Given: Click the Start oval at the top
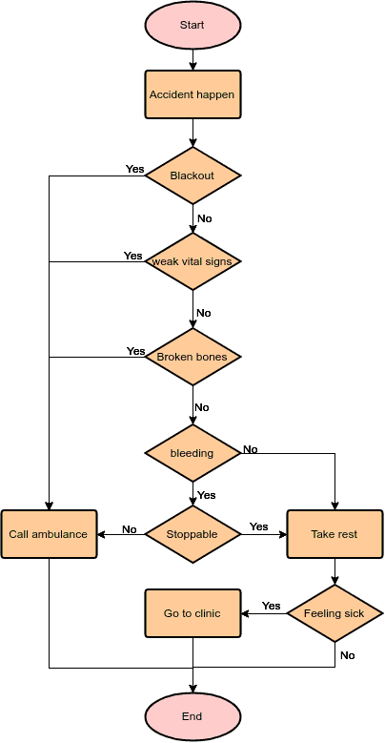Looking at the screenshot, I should click(192, 25).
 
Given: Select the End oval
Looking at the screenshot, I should click(192, 715).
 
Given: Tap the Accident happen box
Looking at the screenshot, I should click(192, 94).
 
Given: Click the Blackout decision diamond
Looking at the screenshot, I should click(192, 175).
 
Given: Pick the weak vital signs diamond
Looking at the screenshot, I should click(192, 261).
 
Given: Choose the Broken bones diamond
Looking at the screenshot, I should click(192, 357).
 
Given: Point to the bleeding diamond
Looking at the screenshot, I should click(192, 452).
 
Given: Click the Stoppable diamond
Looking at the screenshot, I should click(192, 534).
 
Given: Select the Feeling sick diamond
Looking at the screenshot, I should click(334, 613).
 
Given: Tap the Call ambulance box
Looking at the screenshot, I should click(49, 534).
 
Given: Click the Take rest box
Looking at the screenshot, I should click(334, 534).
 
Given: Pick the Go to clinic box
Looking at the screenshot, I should click(192, 613).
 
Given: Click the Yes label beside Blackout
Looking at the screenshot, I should click(134, 169).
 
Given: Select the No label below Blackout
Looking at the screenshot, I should click(204, 218).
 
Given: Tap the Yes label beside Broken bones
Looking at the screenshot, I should click(135, 351).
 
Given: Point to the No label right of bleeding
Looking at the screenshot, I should click(250, 449).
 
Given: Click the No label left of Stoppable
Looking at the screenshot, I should click(130, 529).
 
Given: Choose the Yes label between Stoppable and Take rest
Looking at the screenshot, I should click(258, 526).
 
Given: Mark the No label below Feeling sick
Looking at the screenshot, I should click(347, 655).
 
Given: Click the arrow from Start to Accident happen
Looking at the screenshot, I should click(192, 59).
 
